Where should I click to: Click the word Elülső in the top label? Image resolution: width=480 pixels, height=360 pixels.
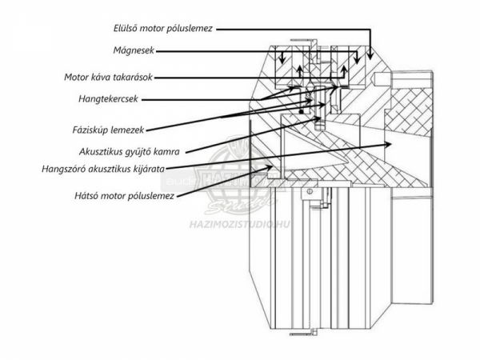(129, 27)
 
